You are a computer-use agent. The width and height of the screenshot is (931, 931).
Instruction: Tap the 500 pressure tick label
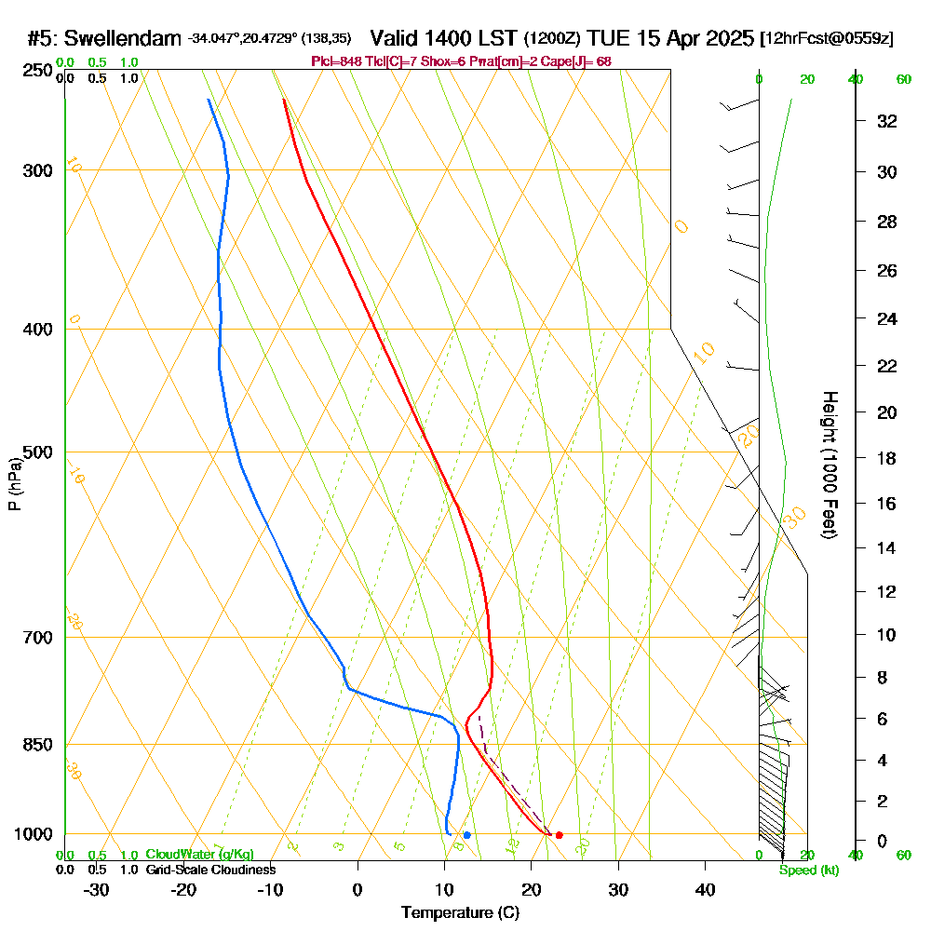tap(36, 452)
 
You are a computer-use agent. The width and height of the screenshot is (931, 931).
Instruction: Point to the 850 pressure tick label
tap(36, 745)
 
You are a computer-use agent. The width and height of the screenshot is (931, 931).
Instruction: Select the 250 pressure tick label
tap(36, 70)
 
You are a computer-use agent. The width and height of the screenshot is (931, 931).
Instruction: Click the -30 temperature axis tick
tap(97, 890)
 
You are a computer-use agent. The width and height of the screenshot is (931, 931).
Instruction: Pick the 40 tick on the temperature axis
tap(706, 890)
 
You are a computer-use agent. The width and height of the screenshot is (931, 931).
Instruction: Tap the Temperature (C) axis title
tap(460, 913)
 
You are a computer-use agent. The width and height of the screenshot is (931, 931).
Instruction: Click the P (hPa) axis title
tap(14, 484)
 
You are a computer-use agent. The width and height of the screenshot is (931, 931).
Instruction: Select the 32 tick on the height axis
tap(887, 121)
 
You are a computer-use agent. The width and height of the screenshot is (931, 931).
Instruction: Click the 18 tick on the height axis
tap(887, 458)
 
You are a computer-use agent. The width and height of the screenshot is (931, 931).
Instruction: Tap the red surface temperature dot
tap(559, 835)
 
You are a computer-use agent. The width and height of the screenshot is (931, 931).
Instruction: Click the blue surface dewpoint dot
tap(466, 835)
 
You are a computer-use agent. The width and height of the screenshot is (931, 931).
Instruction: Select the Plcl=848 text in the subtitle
tap(333, 61)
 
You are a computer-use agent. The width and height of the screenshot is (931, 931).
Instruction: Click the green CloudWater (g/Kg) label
tap(199, 855)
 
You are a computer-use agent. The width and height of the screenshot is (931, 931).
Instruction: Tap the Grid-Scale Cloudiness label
tap(209, 870)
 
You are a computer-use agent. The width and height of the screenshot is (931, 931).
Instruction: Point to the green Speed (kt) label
tap(809, 870)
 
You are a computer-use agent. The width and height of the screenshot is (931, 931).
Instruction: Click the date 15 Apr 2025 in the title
tap(693, 38)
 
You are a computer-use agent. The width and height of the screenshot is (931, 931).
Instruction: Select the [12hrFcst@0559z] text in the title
tap(827, 38)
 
